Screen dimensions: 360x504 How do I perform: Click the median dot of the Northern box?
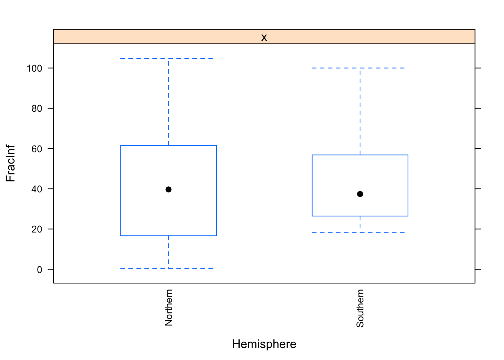pos(168,189)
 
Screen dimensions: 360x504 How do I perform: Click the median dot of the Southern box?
pos(360,194)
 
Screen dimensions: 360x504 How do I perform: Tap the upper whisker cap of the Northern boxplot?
pos(168,58)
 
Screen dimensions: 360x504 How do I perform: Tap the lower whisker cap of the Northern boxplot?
pos(168,268)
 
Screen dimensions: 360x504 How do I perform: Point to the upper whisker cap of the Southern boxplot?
pos(360,68)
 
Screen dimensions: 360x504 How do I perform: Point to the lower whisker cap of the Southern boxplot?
pos(360,232)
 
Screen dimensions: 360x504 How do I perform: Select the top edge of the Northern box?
pos(168,145)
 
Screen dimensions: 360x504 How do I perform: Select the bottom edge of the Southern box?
pos(360,216)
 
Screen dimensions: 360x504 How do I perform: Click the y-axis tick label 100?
pos(34,68)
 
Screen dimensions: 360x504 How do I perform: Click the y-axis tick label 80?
pos(37,108)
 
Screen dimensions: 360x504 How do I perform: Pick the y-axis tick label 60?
pos(37,148)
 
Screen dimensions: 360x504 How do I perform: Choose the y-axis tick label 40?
pos(37,189)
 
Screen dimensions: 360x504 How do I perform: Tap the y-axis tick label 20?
pos(37,229)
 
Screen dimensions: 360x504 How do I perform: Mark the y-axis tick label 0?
pos(39,269)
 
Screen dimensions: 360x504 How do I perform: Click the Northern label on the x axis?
pos(169,307)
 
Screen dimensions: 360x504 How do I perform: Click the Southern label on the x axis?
pos(360,308)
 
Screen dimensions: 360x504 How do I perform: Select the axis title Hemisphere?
pos(264,344)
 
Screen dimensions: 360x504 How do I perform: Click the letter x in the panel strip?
pos(264,37)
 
